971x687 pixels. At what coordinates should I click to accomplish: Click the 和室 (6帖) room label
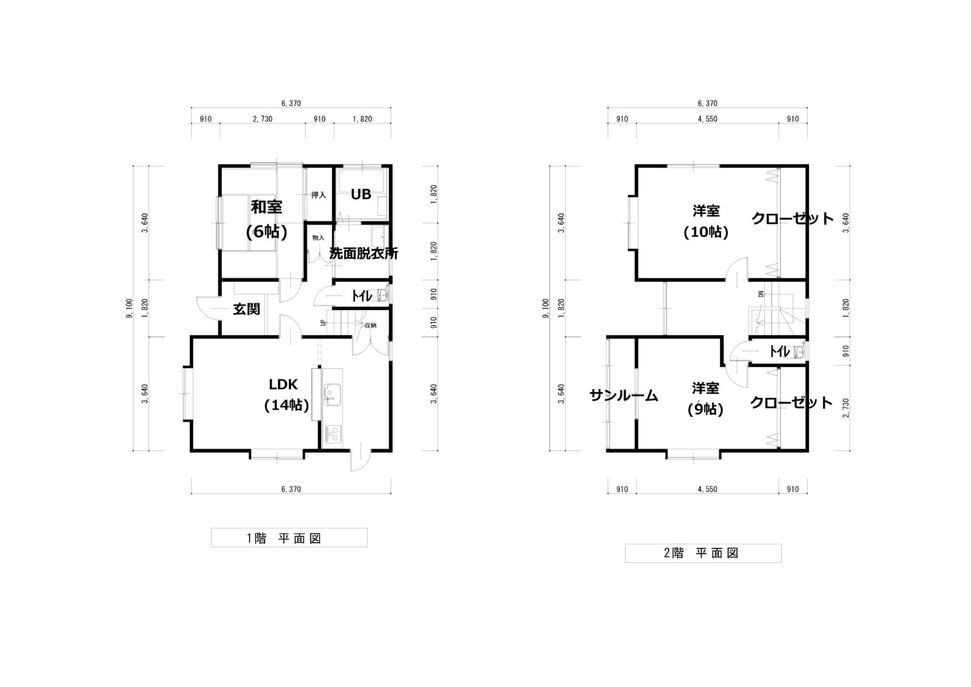266,220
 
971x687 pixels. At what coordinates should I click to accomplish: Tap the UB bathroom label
361,194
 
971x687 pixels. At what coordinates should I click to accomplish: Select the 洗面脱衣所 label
363,253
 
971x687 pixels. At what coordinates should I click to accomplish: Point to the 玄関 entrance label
246,309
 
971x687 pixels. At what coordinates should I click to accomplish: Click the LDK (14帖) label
286,394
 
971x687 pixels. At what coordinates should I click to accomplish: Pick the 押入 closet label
319,195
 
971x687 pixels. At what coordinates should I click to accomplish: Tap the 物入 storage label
318,238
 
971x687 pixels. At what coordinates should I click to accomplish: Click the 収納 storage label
370,325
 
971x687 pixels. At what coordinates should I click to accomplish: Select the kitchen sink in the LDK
332,395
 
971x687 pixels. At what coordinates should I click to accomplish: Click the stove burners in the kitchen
333,434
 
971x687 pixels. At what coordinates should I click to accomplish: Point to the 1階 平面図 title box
289,537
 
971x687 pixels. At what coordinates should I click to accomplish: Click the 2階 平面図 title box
703,553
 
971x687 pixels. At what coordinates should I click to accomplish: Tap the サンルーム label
624,395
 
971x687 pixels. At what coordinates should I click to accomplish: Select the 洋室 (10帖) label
705,221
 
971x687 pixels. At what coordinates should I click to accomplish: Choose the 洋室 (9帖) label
705,399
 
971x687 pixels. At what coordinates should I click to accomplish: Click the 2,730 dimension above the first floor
263,119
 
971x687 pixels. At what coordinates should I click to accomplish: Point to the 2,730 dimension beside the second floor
846,407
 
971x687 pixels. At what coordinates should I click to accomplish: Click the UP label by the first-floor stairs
322,323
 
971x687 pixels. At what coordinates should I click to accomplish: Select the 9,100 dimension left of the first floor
128,308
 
